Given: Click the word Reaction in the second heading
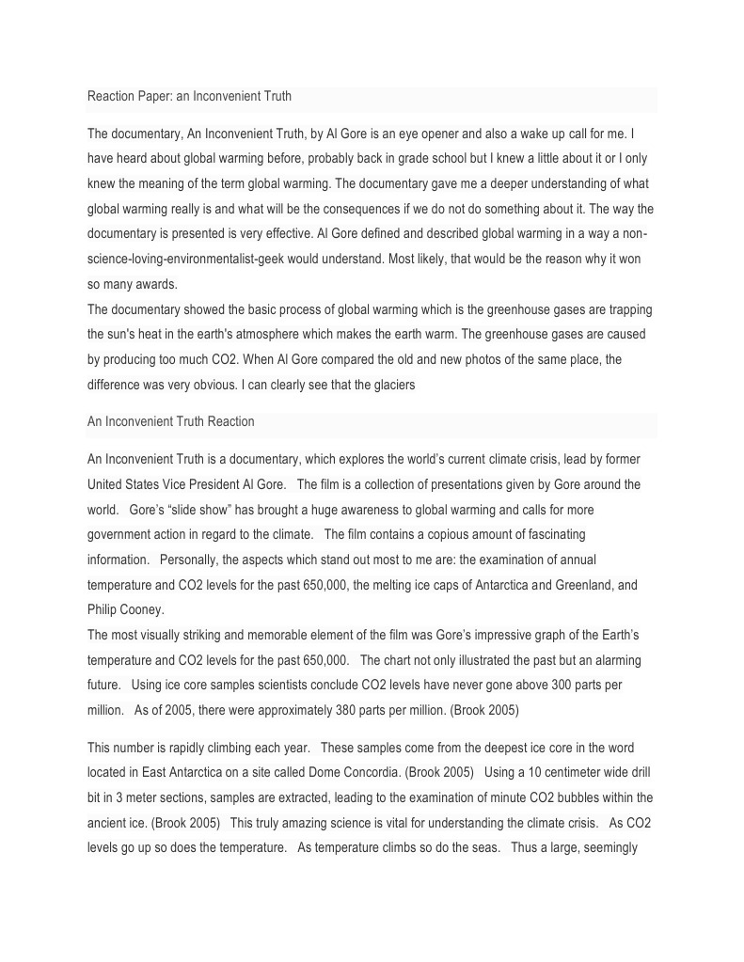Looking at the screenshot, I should point(230,421).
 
